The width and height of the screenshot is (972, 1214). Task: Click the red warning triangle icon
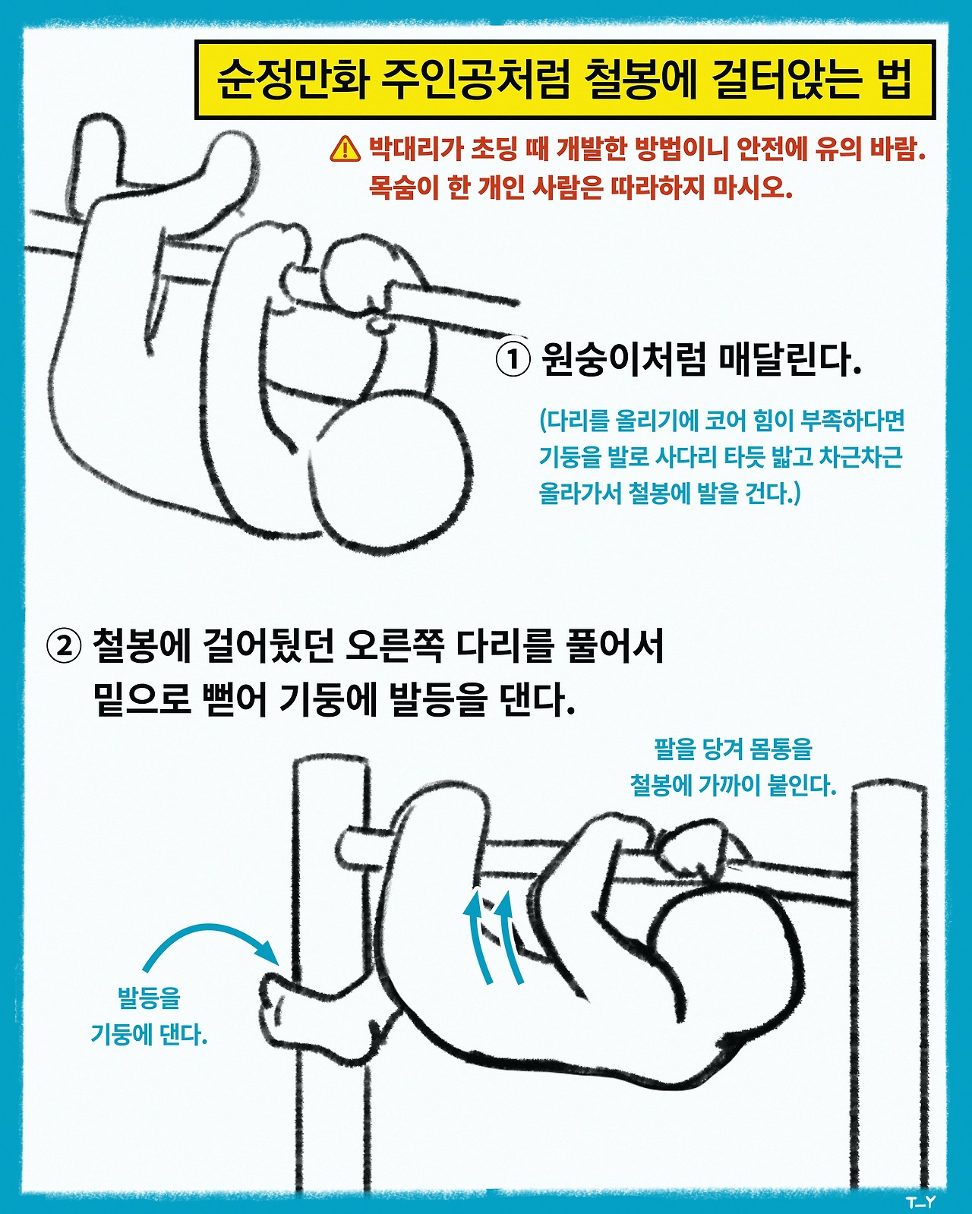[346, 149]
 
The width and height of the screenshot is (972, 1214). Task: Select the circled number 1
[513, 358]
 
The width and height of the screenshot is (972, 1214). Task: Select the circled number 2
[64, 646]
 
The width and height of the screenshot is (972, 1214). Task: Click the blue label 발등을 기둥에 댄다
[149, 1016]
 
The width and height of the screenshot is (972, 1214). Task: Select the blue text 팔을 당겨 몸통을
[733, 749]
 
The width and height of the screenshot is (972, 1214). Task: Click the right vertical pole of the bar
[888, 987]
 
